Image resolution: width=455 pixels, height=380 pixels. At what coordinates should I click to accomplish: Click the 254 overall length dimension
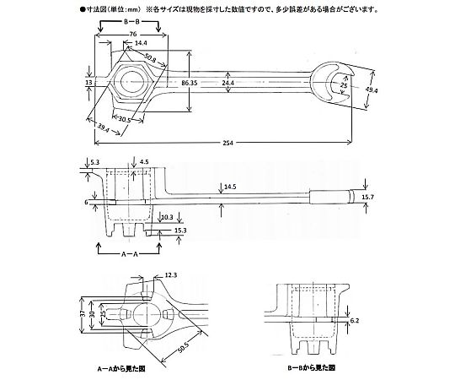(228, 143)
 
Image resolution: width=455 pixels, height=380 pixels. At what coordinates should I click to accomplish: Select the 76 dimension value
(132, 35)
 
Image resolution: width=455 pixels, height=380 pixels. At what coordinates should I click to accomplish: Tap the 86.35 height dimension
(190, 83)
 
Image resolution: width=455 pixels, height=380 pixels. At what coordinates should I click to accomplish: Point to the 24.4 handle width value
(227, 83)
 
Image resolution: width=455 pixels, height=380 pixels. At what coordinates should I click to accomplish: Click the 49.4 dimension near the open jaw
(371, 90)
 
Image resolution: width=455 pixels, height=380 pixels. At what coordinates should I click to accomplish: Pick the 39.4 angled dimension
(103, 128)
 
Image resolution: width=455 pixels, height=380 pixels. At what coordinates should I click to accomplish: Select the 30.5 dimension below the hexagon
(124, 119)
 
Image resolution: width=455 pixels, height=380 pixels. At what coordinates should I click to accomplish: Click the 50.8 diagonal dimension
(150, 58)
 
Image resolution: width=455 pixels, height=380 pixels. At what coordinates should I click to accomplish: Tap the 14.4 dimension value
(141, 43)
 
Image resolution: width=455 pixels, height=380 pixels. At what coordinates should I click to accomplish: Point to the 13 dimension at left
(88, 83)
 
